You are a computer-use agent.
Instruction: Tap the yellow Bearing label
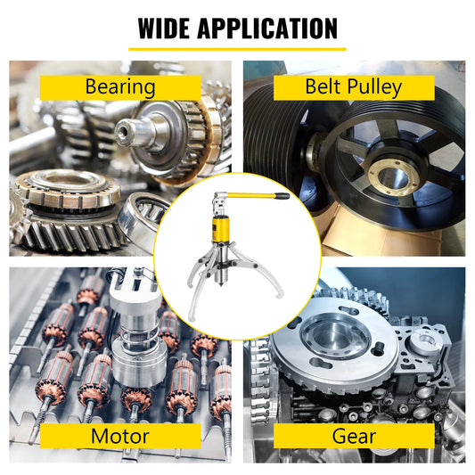120,86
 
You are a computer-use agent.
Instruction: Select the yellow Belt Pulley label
354,86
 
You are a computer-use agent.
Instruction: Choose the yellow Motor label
120,436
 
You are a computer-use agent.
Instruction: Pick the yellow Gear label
354,436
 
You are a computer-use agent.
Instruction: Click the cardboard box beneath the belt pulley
356,239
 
